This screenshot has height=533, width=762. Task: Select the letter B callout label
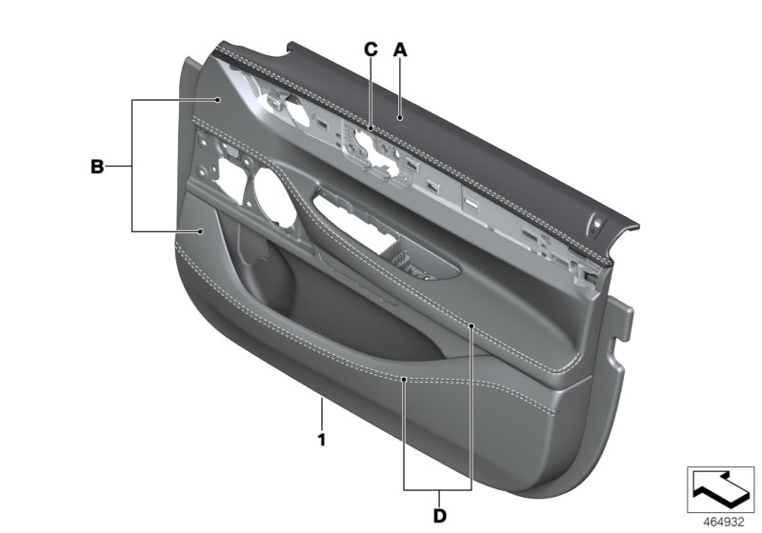point(96,167)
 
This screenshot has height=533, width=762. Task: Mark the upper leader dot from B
point(218,100)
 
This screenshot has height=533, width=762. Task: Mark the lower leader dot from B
point(203,231)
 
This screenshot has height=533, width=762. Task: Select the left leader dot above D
point(404,379)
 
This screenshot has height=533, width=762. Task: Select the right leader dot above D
point(472,325)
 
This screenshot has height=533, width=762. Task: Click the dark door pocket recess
point(314,305)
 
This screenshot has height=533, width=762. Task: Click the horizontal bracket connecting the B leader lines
point(133,167)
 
